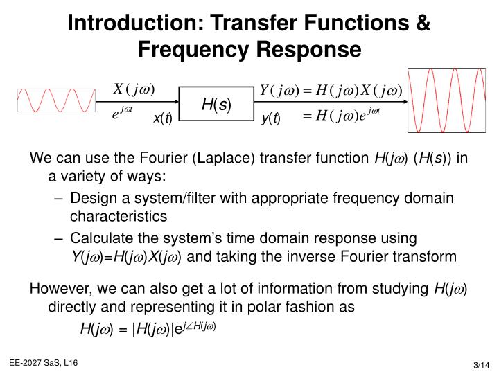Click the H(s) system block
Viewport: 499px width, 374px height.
click(x=216, y=105)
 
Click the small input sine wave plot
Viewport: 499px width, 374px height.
click(x=55, y=100)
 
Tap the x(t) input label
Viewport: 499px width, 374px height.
click(x=161, y=118)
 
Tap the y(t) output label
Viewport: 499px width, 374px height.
click(x=270, y=119)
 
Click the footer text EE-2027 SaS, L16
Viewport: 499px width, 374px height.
click(x=43, y=362)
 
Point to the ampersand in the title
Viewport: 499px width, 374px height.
click(x=422, y=23)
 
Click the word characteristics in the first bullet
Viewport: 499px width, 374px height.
click(x=119, y=215)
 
